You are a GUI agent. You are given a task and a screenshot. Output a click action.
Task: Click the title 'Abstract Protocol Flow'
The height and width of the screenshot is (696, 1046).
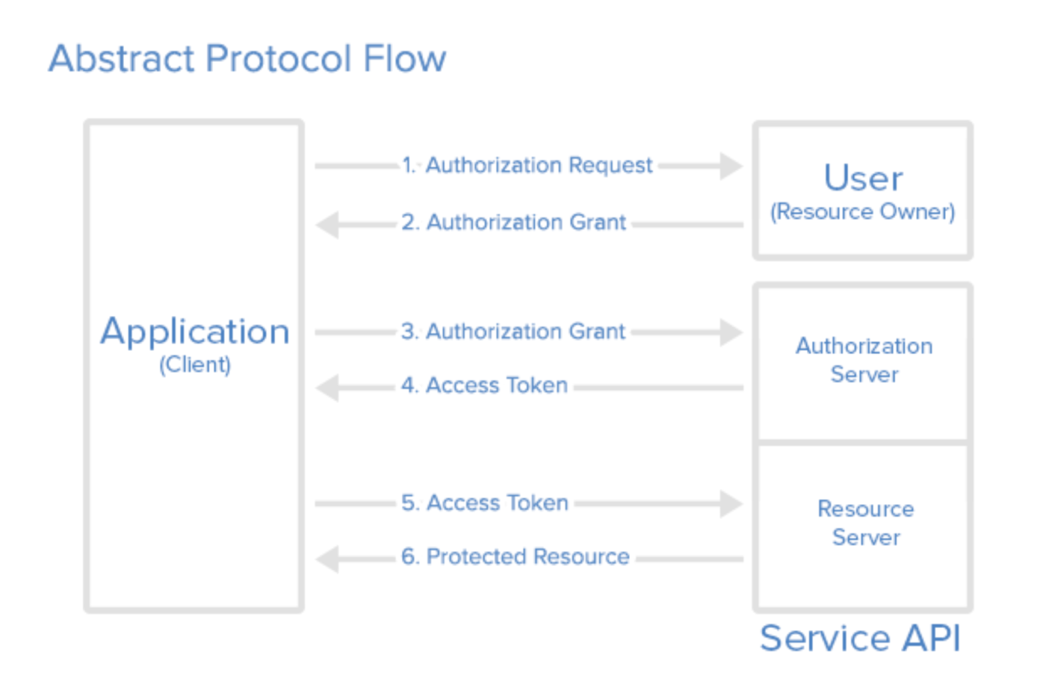point(247,59)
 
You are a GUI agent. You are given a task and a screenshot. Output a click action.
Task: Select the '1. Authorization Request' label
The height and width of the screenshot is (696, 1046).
point(526,165)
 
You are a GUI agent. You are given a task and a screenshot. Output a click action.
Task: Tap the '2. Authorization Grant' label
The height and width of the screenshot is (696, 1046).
point(513,223)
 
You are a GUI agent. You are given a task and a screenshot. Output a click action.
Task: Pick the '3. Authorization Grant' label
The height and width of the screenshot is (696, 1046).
point(512,332)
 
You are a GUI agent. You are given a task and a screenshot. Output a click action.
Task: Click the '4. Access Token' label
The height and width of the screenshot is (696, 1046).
point(484,385)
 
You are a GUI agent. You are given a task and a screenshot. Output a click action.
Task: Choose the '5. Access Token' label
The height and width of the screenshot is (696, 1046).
point(484,503)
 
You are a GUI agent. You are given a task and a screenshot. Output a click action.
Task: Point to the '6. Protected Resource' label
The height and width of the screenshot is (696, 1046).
point(515,557)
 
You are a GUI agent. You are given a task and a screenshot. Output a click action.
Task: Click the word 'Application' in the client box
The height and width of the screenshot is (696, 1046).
point(195,332)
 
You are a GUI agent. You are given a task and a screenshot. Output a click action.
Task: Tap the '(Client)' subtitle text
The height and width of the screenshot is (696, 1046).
point(195,365)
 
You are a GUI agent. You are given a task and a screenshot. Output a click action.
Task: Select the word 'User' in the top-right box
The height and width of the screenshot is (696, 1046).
point(863,178)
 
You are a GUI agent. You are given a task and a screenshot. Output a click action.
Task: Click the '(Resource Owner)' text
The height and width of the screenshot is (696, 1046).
point(863,212)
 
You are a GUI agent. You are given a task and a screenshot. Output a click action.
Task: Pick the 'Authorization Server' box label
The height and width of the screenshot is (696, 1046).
point(864,360)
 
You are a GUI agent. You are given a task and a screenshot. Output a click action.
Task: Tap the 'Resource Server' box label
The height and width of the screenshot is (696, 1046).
point(866,523)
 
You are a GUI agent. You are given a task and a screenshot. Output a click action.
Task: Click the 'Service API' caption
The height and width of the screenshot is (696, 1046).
point(860,639)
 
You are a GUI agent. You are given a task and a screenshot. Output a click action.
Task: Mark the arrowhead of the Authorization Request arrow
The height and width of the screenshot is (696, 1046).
point(732,165)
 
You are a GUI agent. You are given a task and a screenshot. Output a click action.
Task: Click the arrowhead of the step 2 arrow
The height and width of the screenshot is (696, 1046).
point(328,225)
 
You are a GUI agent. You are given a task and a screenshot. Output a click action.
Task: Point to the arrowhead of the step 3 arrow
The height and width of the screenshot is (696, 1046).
point(732,332)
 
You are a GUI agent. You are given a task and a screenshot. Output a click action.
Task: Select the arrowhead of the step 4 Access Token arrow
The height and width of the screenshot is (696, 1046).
point(328,388)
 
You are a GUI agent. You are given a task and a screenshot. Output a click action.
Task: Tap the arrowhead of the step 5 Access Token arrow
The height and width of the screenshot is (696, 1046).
point(732,504)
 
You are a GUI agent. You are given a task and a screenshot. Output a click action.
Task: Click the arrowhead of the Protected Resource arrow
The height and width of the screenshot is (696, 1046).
point(328,560)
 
